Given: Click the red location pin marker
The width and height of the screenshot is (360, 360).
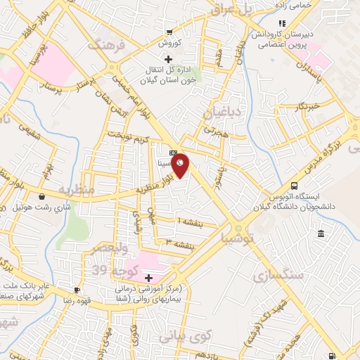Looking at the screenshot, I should coord(181,165).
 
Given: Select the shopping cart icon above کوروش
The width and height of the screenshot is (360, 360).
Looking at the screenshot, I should coord(169,32).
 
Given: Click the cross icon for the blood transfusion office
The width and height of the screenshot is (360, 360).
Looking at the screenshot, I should coord(167,58).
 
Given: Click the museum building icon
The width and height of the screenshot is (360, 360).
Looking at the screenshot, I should coord(321,233).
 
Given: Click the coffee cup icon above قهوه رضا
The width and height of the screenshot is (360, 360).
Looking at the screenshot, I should coord(77,290).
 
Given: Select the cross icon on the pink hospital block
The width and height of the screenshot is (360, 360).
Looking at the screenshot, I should coord(149,257).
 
